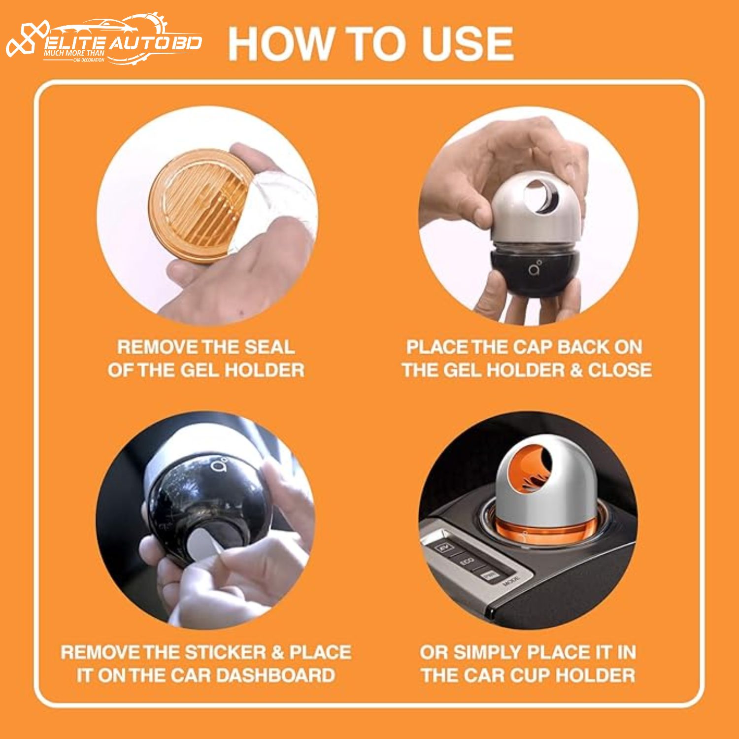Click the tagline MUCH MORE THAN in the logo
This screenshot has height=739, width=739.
[x=74, y=53]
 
